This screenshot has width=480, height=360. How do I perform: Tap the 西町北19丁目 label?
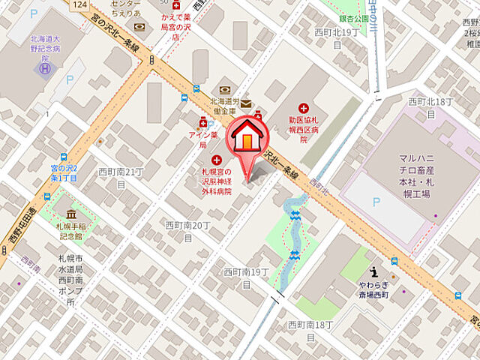tap(337, 38)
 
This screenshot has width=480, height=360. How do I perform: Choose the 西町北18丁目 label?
tap(430, 106)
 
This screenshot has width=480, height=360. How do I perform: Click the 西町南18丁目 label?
tap(310, 330)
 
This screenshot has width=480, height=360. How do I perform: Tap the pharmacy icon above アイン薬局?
tap(202, 122)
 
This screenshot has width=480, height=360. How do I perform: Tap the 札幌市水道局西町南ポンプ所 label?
tap(67, 280)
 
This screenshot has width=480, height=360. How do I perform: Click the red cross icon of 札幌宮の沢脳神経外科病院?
tap(217, 160)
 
